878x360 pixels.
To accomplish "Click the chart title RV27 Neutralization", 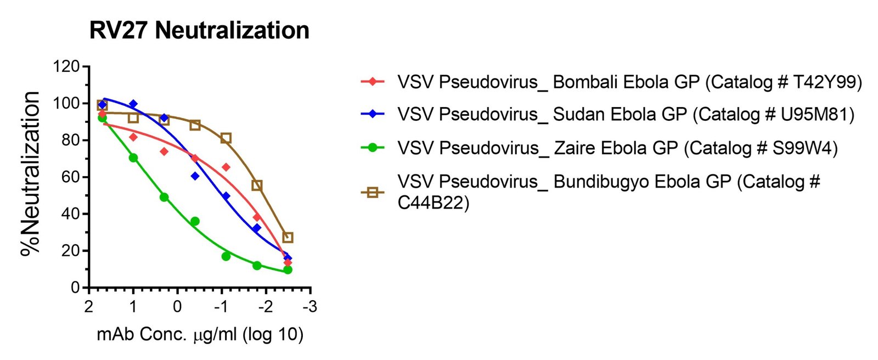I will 199,30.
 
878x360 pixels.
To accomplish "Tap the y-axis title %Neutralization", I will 31,173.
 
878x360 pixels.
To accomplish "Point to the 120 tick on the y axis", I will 66,67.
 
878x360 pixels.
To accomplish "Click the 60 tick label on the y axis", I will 70,177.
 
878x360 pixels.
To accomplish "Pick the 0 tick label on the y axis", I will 76,288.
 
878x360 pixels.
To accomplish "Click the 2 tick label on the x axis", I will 89,306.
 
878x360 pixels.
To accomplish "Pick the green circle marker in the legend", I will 373,148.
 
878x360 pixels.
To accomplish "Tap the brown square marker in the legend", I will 373,192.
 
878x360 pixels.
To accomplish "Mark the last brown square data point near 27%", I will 288,238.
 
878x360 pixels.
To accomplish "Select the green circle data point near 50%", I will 164,197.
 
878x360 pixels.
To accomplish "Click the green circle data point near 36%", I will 195,221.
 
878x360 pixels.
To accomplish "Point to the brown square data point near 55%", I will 257,185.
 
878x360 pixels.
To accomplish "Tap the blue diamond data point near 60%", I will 195,176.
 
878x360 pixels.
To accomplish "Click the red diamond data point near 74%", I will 164,151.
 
